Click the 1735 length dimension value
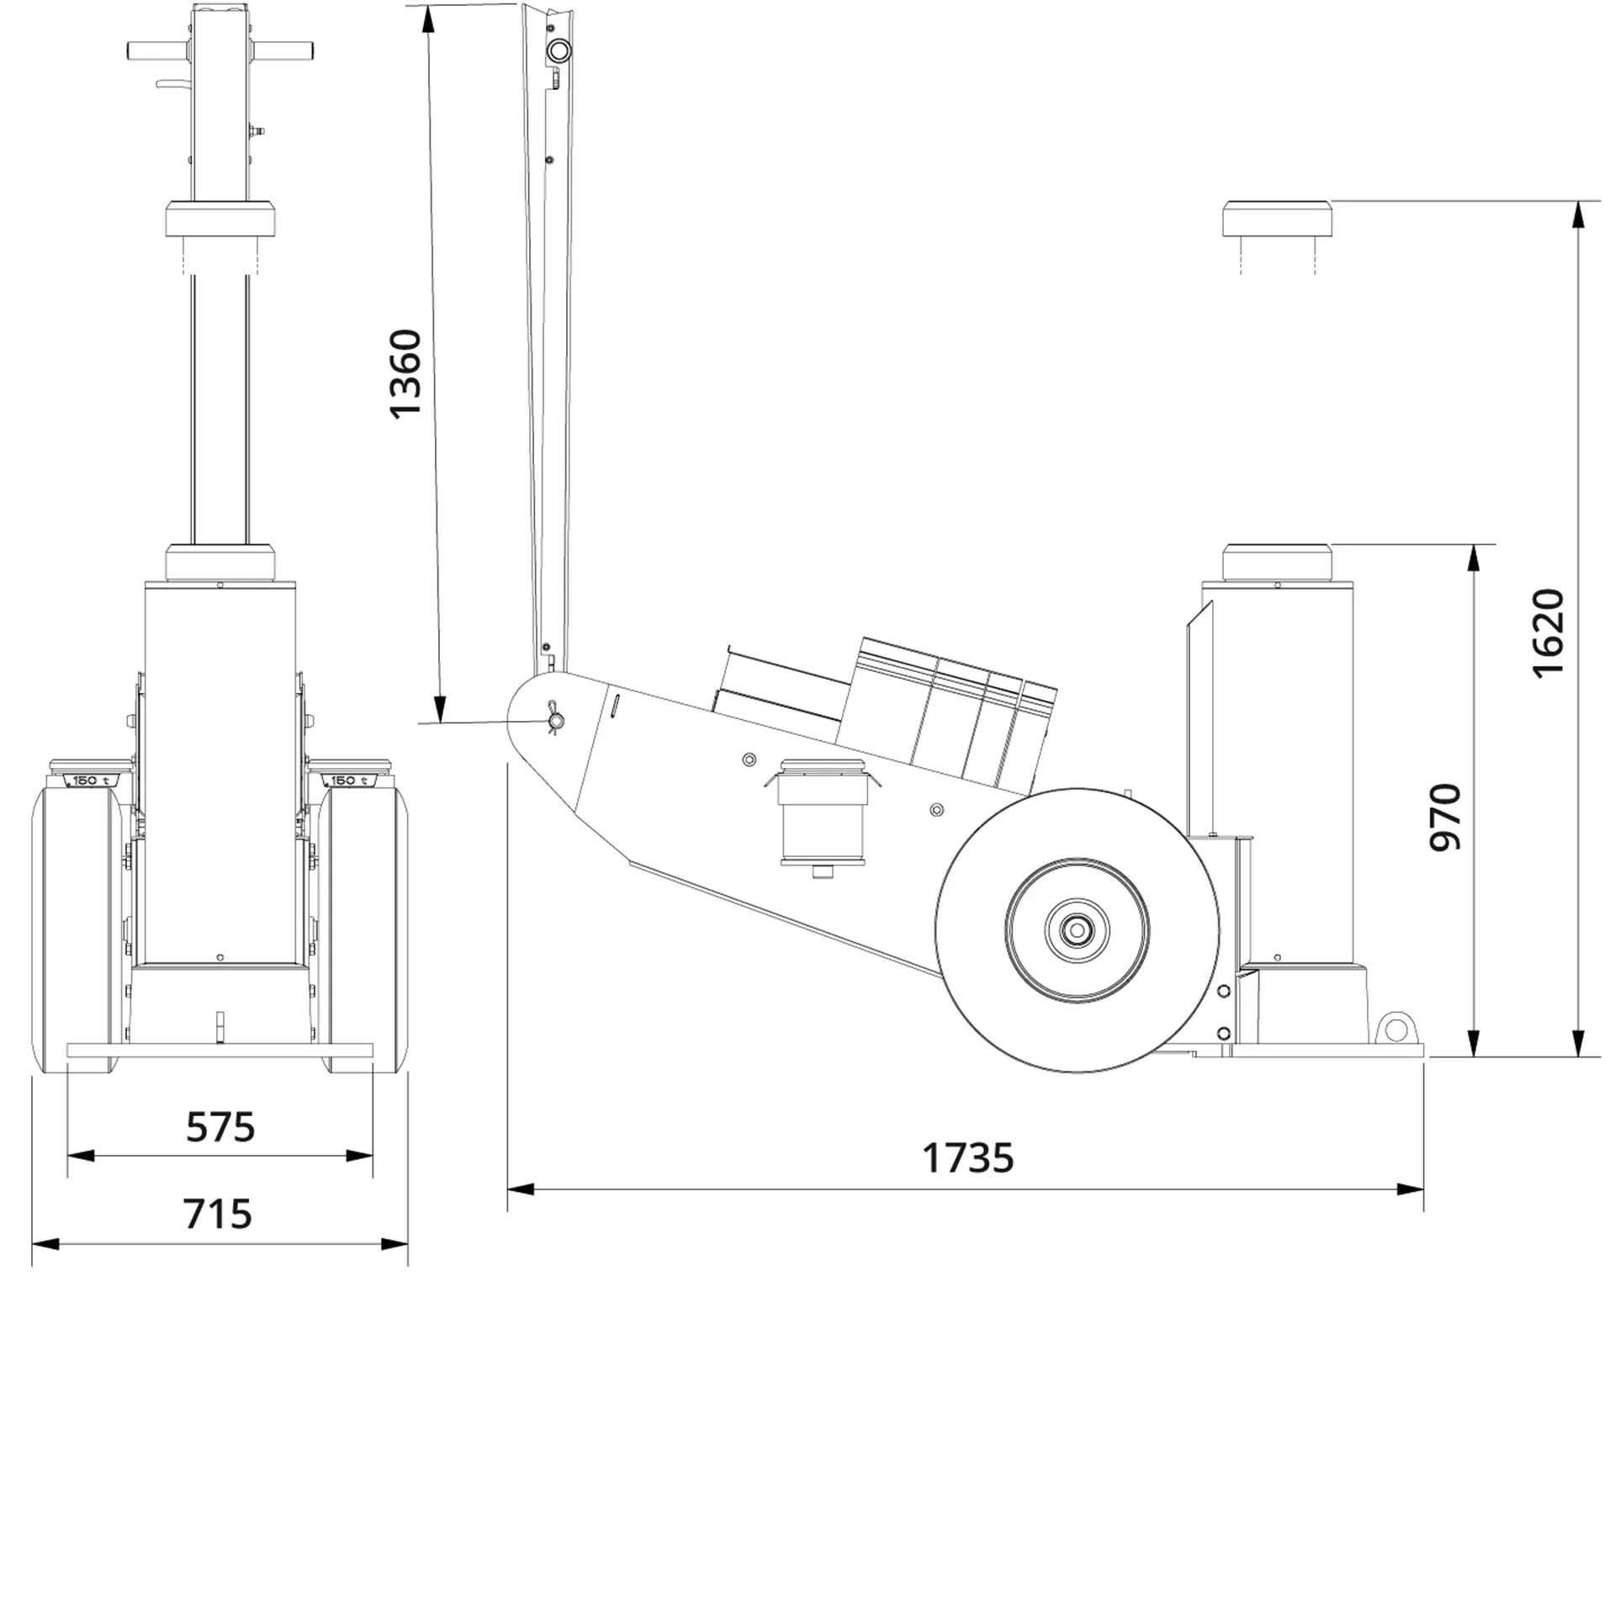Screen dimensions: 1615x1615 coord(967,1158)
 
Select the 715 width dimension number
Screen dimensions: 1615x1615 coord(217,1214)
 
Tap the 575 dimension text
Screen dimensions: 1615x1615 coord(220,1127)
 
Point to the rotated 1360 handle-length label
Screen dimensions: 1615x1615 coord(405,373)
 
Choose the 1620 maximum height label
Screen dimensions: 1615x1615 coord(1547,633)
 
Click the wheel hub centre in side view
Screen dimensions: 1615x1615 coord(1077,930)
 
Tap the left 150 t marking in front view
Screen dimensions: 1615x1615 coord(91,781)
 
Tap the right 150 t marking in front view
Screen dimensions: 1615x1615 coord(348,781)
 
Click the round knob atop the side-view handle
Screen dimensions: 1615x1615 coord(558,51)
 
